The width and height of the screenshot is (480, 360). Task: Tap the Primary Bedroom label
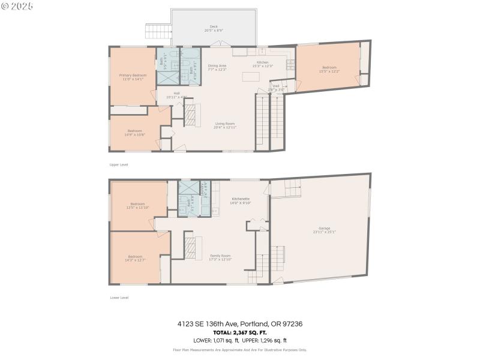(133, 76)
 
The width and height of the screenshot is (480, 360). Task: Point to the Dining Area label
(217, 67)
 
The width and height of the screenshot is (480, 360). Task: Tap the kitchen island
(251, 77)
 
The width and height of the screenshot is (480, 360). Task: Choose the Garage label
(324, 230)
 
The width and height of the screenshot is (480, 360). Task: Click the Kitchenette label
(239, 200)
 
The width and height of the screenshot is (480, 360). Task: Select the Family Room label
(220, 257)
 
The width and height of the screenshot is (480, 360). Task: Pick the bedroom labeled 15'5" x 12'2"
(329, 69)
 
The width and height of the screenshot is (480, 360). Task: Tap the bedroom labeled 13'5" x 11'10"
(137, 205)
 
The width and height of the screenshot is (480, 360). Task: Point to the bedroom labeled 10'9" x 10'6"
(134, 132)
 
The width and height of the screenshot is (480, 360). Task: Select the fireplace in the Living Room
(190, 113)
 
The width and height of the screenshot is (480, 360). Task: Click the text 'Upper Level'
(118, 164)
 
